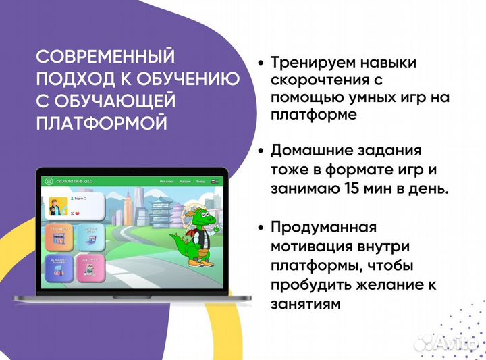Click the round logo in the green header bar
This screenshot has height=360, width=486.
[x=48, y=181]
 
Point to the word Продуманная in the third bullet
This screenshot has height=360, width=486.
[x=323, y=226]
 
